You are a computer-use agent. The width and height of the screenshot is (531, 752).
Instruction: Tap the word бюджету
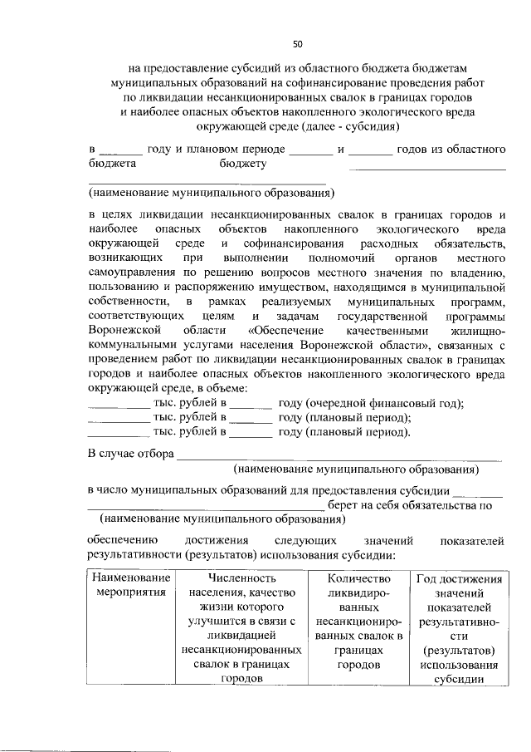[242, 164]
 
